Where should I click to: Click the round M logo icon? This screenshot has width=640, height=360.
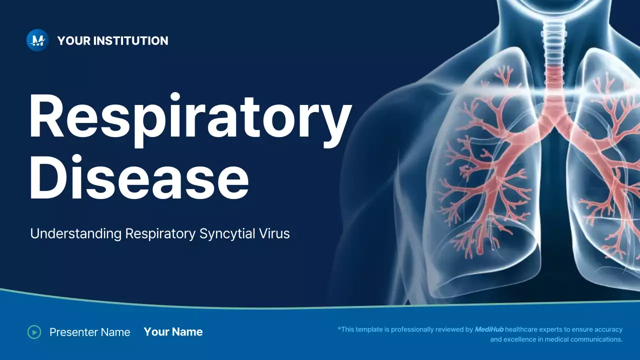tap(37, 40)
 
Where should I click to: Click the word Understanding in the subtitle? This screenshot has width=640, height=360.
tap(76, 233)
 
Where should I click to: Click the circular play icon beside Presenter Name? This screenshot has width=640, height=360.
tap(34, 331)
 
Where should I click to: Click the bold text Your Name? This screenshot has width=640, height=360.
tap(173, 331)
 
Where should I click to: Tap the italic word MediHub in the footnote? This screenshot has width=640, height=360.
tap(489, 329)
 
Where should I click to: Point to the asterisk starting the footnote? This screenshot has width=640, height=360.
tap(339, 328)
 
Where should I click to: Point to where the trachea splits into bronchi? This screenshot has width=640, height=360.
tap(553, 120)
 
